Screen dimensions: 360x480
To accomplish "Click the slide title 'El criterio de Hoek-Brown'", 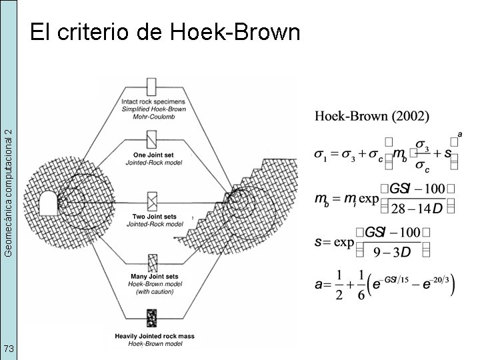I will click(165, 31).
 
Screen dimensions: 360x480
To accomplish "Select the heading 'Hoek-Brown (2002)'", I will click(372, 116).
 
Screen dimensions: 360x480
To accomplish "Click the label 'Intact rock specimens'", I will click(154, 101).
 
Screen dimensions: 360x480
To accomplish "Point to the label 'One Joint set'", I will click(154, 155).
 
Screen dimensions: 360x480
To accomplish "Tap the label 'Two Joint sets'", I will click(154, 217).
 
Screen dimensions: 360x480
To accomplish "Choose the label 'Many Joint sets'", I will click(154, 276).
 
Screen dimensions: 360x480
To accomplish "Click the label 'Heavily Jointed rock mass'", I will click(155, 336).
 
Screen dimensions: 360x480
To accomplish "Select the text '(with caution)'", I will click(154, 291).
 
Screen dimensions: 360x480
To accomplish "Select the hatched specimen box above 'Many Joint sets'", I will click(152, 262).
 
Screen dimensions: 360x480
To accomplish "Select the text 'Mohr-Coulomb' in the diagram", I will click(154, 116).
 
